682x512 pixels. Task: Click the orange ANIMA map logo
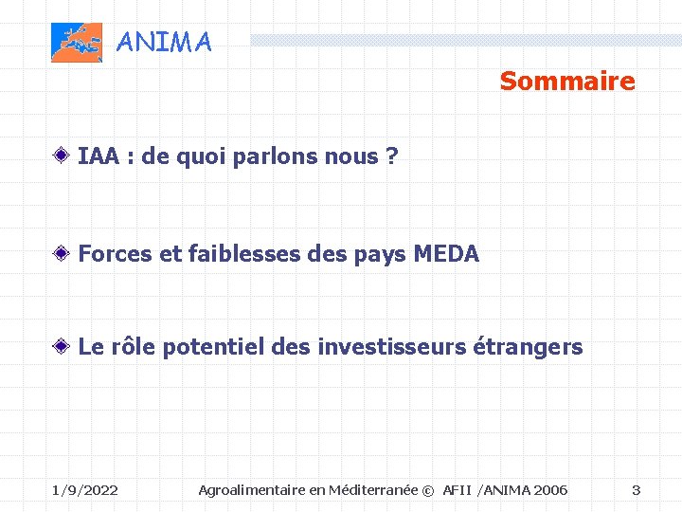(x=76, y=43)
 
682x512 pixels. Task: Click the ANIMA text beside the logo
(x=164, y=43)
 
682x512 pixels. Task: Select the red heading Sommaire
(x=567, y=82)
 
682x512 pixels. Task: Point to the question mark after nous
(x=391, y=156)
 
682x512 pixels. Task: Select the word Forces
(x=114, y=253)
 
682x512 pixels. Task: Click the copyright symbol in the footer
(x=427, y=490)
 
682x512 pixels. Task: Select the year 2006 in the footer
(x=550, y=490)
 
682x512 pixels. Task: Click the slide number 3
(x=636, y=490)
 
